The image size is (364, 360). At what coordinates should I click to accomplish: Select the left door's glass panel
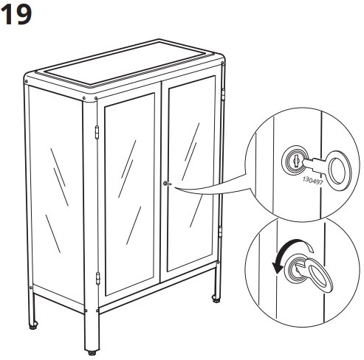pyautogui.click(x=131, y=190)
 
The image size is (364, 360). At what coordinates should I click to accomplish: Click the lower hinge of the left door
pyautogui.click(x=97, y=279)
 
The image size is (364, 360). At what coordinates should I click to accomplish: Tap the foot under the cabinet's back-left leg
pyautogui.click(x=33, y=325)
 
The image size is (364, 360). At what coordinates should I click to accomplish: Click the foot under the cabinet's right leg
pyautogui.click(x=216, y=300)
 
